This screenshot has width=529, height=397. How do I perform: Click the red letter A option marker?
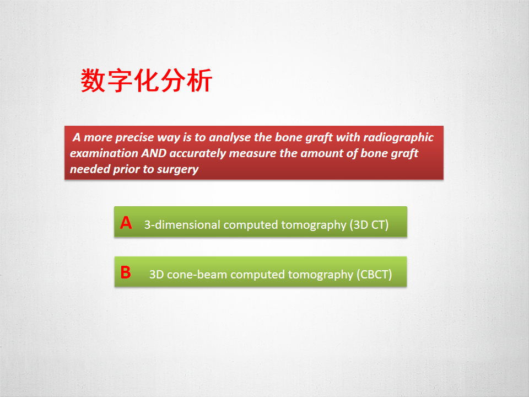[126, 223]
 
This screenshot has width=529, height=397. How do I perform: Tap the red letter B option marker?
[126, 272]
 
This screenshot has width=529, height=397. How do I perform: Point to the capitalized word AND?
[154, 153]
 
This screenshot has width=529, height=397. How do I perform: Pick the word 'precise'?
[134, 138]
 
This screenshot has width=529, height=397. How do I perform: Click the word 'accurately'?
[198, 154]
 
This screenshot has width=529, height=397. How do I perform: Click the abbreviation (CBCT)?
[374, 275]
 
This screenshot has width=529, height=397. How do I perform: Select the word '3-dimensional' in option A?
[182, 225]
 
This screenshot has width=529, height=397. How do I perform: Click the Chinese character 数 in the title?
[93, 81]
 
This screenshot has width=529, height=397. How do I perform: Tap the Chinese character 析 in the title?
[199, 81]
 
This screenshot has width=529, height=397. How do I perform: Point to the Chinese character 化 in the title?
[146, 81]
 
